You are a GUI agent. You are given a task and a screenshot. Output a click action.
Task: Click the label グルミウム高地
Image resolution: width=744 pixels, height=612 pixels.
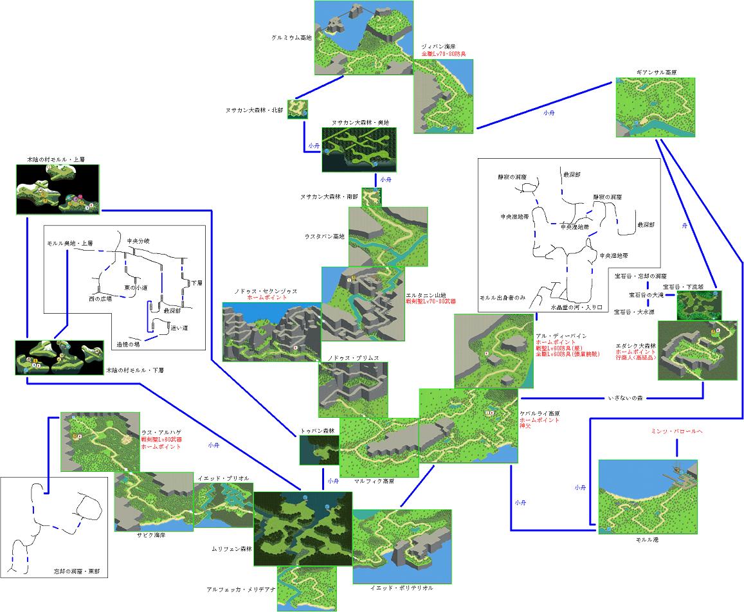tap(291, 38)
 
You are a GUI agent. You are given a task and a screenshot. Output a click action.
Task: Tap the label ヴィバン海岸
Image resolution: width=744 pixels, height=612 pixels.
tap(439, 47)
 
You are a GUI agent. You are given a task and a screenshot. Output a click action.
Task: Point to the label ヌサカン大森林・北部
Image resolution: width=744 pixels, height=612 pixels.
tap(253, 110)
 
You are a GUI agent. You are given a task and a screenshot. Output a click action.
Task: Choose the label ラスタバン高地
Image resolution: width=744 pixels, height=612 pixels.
tap(325, 237)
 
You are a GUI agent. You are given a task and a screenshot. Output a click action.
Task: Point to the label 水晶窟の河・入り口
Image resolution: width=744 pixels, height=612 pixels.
tap(576, 308)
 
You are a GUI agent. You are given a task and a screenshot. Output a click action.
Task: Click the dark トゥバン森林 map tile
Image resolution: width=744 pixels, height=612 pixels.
tap(319, 449)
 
